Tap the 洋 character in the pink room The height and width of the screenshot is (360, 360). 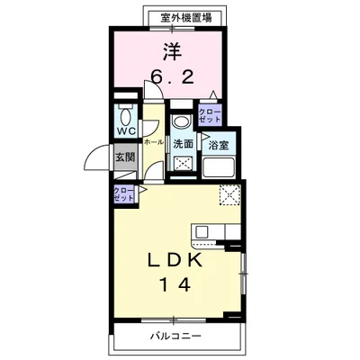(x=167, y=49)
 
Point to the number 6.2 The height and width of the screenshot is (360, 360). (x=169, y=79)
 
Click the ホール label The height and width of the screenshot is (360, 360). (x=153, y=142)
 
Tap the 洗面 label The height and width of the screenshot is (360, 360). (x=182, y=143)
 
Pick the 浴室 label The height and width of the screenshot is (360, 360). (x=217, y=144)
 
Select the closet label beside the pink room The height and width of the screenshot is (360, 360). (x=211, y=115)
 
